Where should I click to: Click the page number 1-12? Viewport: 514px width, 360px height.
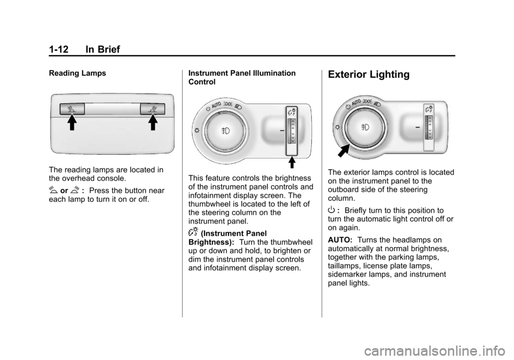click(x=59, y=49)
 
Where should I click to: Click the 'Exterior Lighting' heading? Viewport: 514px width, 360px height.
click(x=368, y=75)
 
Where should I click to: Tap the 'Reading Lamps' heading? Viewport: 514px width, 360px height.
click(x=77, y=73)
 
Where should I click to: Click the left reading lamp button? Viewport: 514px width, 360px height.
click(x=72, y=109)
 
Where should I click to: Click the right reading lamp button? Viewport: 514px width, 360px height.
click(x=153, y=109)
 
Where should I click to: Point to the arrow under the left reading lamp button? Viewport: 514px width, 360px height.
click(x=72, y=123)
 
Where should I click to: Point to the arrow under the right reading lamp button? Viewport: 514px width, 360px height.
click(x=153, y=123)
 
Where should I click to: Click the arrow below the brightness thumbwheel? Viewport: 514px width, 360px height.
click(x=291, y=163)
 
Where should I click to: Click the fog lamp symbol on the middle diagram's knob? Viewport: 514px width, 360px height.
click(x=225, y=131)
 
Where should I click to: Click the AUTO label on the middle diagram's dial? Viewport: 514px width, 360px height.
click(x=216, y=105)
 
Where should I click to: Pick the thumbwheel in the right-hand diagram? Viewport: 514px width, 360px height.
click(x=429, y=127)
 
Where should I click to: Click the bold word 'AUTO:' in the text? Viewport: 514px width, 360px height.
click(x=340, y=240)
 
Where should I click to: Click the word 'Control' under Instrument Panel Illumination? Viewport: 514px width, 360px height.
click(x=202, y=82)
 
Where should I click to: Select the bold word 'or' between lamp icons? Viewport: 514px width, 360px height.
click(x=64, y=191)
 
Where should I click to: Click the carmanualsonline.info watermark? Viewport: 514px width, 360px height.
click(x=438, y=352)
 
